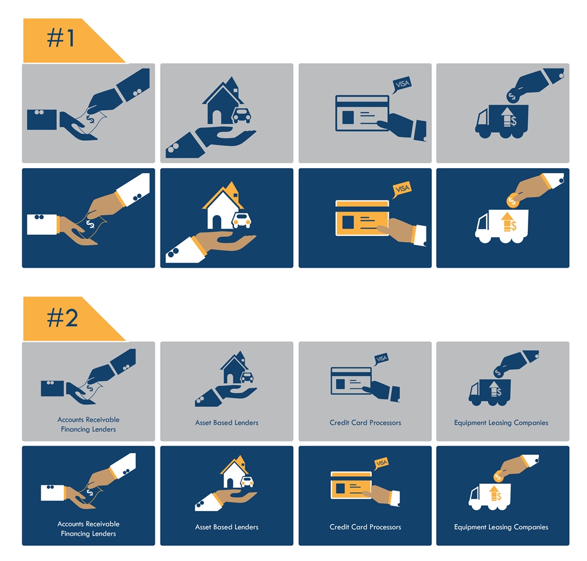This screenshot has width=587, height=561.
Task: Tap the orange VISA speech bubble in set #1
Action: point(402,190)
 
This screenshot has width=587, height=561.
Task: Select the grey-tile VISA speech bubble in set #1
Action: point(402,85)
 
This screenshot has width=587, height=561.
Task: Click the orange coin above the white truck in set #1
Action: point(512,202)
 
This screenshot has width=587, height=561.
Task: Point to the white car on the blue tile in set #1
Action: point(242,220)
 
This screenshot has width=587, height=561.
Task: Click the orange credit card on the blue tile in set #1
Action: point(362,218)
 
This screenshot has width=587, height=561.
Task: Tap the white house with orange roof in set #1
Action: point(223,206)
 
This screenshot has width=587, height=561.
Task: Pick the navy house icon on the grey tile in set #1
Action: point(223,101)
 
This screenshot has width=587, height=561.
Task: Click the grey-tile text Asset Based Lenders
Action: point(227,422)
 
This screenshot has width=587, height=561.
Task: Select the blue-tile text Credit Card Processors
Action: point(365,527)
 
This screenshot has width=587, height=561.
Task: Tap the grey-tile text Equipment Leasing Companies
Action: point(501,423)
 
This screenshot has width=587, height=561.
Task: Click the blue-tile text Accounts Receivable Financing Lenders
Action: point(88,529)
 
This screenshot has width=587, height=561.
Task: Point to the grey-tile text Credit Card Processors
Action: point(365,422)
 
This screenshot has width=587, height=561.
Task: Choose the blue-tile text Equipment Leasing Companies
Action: point(501,527)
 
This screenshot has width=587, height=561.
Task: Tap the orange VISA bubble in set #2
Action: point(381,463)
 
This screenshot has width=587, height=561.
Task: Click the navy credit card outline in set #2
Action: point(351,381)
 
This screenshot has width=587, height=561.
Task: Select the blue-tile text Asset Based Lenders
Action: point(227,527)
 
